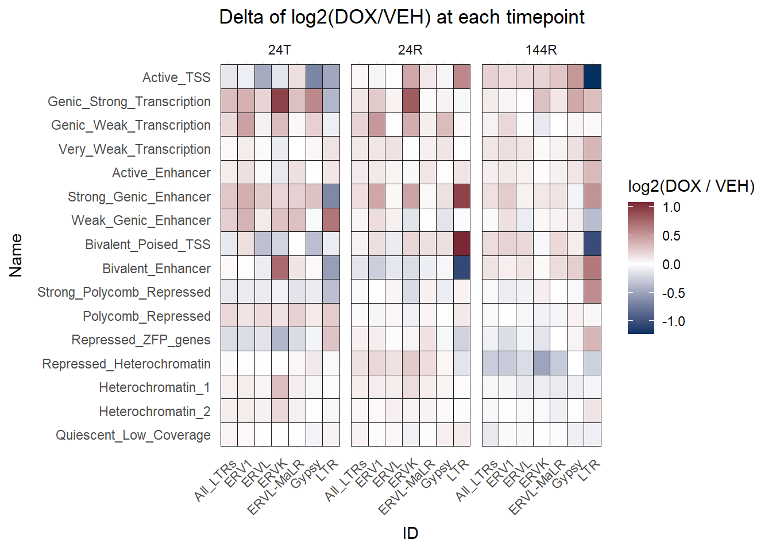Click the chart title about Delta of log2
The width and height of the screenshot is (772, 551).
pos(402,17)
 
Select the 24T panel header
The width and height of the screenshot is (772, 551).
pos(280,50)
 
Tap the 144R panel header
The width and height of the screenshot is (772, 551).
pos(541,50)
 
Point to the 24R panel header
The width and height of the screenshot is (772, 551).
pos(410,50)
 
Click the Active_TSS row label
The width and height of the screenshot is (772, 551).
pos(176,77)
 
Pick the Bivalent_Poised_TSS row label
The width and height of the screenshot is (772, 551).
pos(148,245)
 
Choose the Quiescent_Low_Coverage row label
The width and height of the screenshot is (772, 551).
pos(133,435)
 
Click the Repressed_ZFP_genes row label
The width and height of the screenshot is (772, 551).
pos(141,340)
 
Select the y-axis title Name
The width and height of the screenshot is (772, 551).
pos(16,255)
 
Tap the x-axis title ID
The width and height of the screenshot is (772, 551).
pos(410,533)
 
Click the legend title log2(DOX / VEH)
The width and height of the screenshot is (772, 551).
pos(691,186)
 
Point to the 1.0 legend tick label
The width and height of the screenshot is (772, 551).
pos(671,207)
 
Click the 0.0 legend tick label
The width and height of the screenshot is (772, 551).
pos(671,265)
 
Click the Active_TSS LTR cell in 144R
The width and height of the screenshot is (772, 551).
pos(592,77)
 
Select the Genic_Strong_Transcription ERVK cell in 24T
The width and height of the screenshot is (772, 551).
pos(280,101)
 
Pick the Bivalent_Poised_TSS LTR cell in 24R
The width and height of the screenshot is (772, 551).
pos(461,244)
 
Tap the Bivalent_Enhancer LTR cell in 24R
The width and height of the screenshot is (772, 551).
pos(461,268)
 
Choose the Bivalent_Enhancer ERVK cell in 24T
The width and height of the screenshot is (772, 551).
pos(280,268)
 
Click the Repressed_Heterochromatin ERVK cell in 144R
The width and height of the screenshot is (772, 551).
pos(541,363)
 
